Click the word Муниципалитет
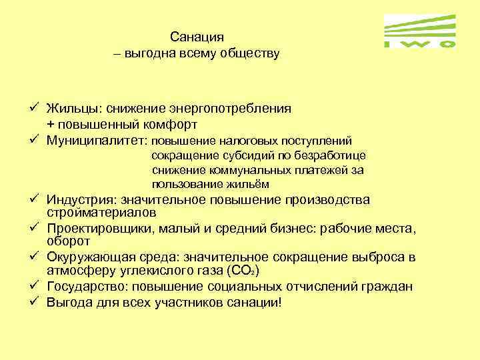[97, 141]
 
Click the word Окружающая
[83, 257]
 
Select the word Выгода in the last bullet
[68, 302]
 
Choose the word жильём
[249, 185]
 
